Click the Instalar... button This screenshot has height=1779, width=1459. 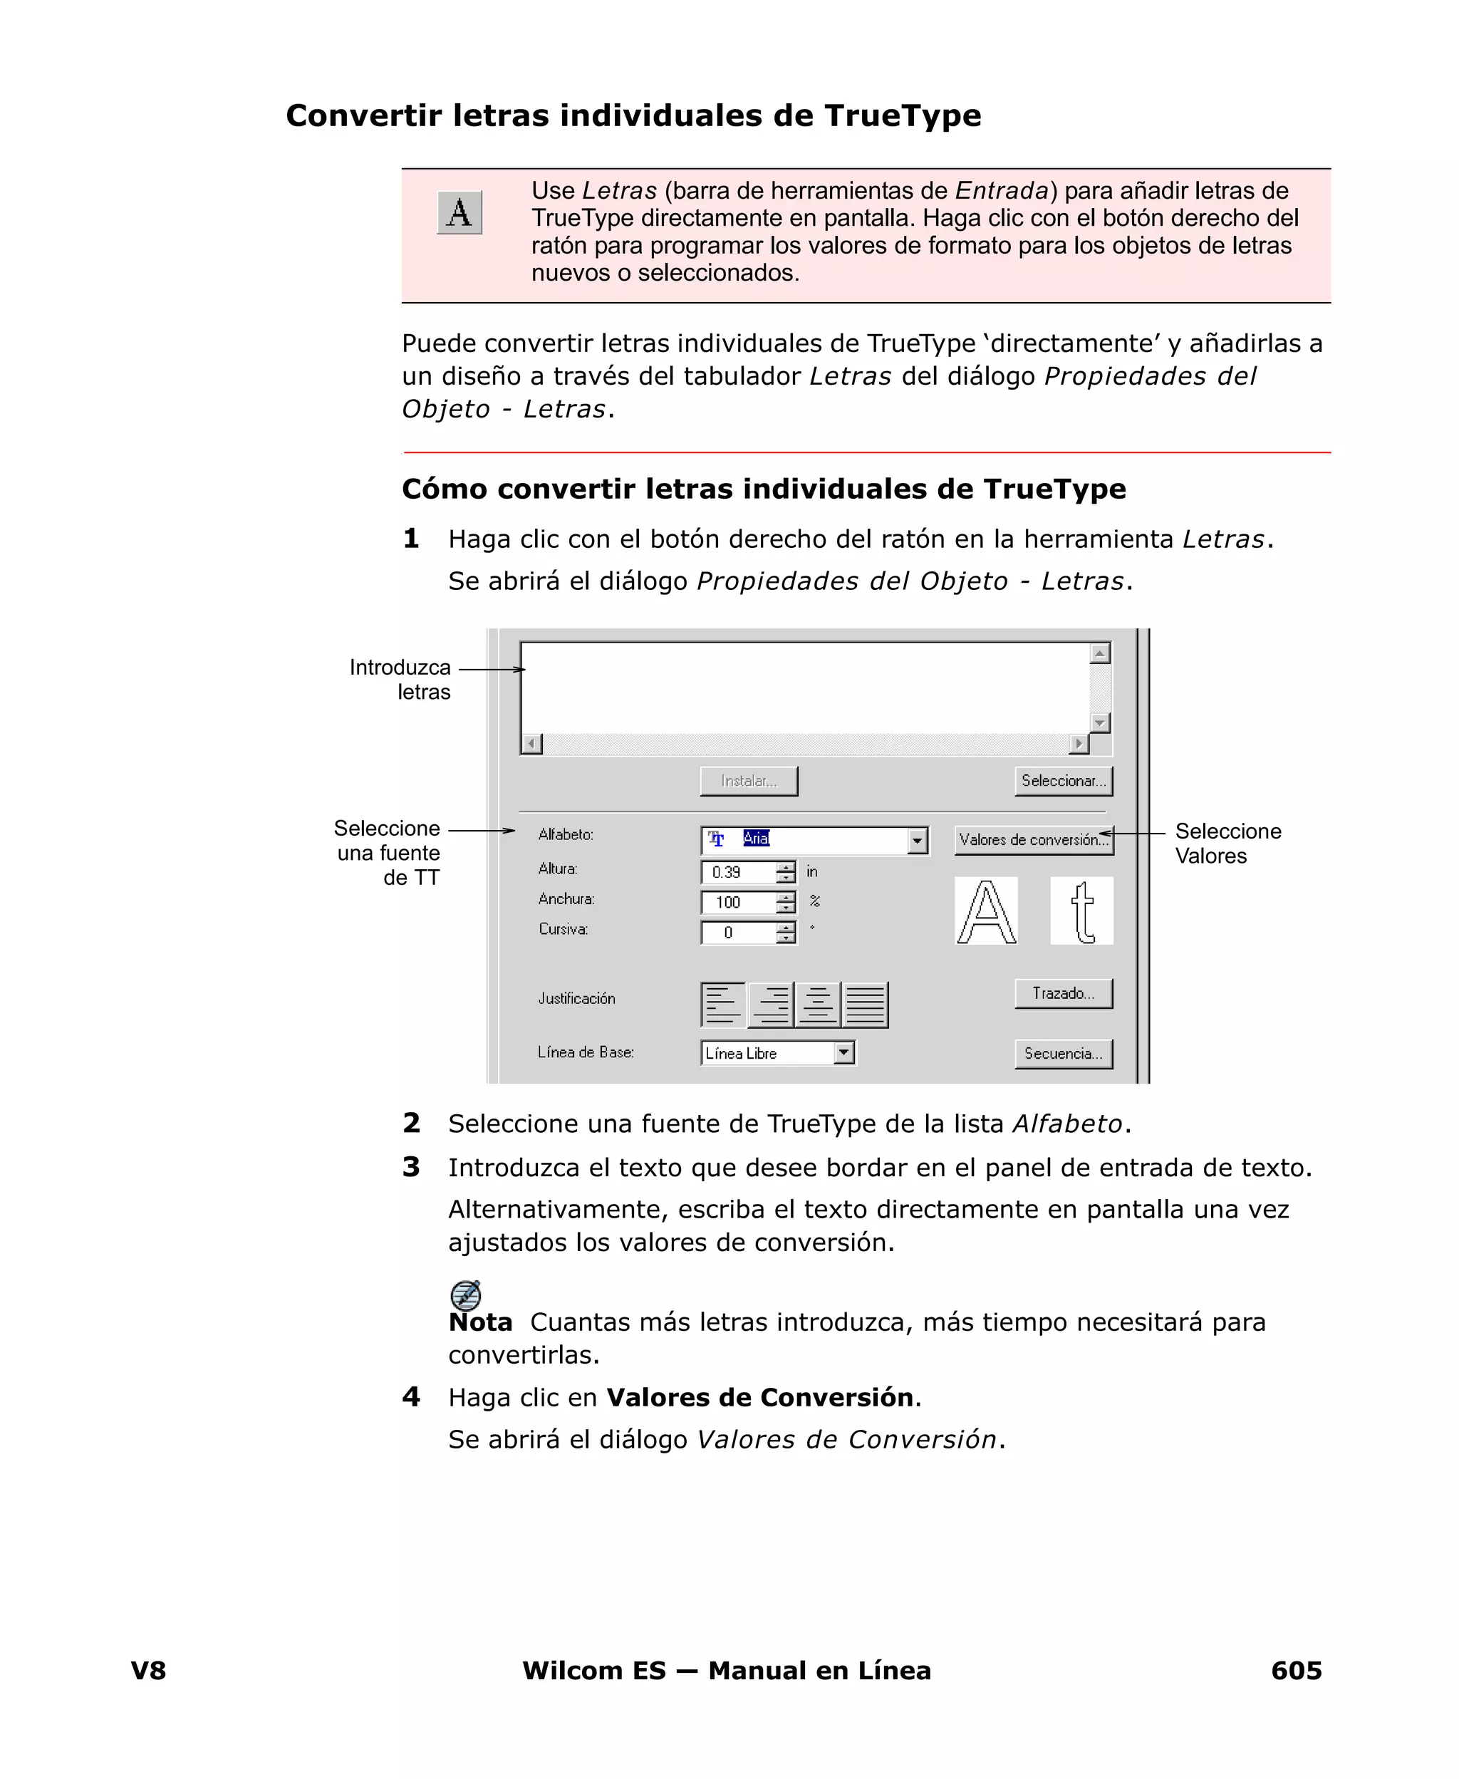(748, 781)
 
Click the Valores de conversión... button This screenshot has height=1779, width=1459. (1033, 839)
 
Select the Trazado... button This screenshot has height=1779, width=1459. (1062, 993)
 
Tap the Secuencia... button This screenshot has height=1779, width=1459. (1062, 1053)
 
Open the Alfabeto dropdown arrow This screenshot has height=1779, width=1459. (917, 840)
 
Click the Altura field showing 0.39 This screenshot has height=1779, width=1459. (737, 872)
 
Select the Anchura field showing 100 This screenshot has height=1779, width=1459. (737, 903)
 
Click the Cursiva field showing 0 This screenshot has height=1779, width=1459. (737, 933)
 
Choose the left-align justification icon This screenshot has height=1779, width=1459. (723, 1005)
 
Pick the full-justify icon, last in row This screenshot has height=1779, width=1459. (865, 1005)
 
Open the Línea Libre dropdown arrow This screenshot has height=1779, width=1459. (843, 1052)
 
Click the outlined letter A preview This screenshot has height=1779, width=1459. (986, 911)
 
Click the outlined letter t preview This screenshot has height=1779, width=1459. (1081, 911)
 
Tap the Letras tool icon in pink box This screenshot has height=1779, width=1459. (459, 212)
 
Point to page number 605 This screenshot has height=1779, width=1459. (1295, 1670)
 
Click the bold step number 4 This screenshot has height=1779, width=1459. (411, 1396)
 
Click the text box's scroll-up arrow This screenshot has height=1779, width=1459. (1099, 653)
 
